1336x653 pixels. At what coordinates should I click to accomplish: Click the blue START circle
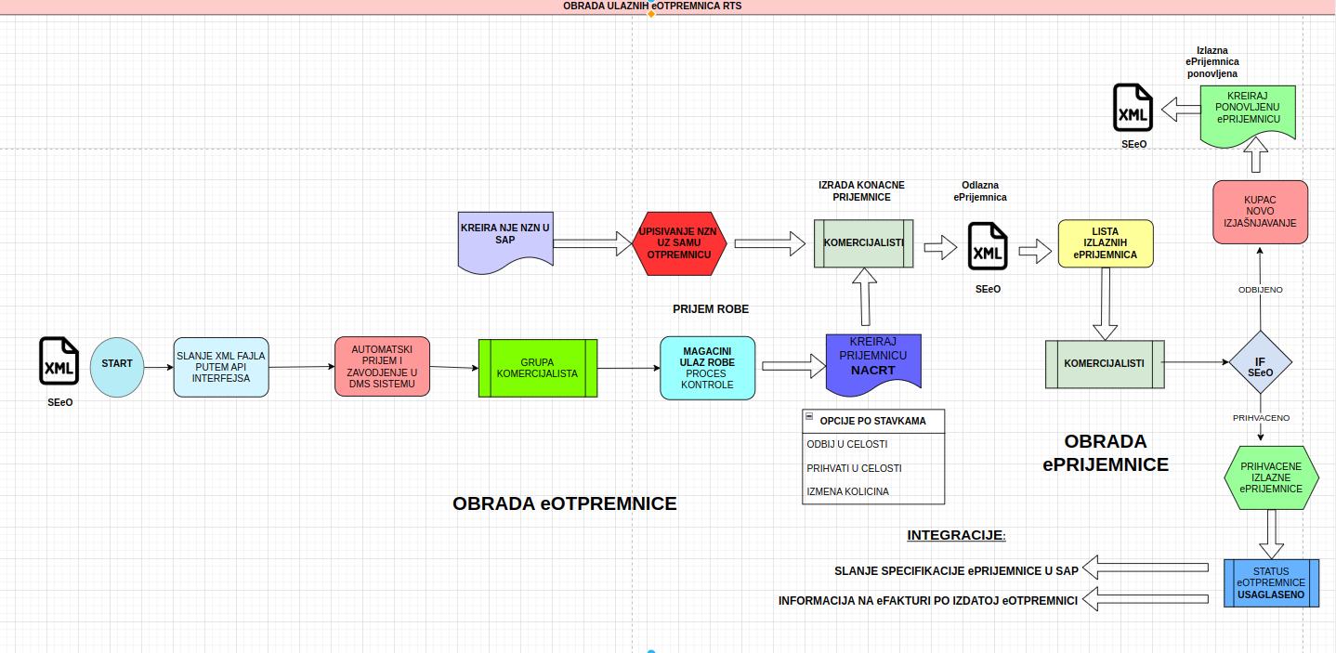(x=117, y=367)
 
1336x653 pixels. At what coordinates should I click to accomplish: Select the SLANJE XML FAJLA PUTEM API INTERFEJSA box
(x=220, y=367)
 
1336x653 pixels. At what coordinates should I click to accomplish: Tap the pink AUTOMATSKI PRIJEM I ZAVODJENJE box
(x=383, y=366)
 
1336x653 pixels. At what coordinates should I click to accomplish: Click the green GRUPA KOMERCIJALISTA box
(x=537, y=368)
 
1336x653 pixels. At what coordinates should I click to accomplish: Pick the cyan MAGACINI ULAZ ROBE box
(x=707, y=368)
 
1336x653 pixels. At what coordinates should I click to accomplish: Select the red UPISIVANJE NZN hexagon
(x=678, y=243)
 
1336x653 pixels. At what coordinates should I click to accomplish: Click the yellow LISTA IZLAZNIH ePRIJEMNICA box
(x=1105, y=243)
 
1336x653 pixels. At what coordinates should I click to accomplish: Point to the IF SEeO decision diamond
(x=1260, y=362)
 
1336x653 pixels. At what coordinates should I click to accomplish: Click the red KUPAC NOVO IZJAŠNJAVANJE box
(x=1260, y=212)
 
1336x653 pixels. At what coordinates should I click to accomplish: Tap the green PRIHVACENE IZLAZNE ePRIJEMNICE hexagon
(x=1271, y=477)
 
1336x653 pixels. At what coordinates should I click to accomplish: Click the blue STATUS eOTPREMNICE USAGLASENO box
(x=1271, y=582)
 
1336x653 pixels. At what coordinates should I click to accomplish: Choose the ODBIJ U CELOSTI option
(x=847, y=445)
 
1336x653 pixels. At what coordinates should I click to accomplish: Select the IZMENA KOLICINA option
(x=847, y=491)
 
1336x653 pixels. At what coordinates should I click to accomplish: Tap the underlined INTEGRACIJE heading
(x=956, y=535)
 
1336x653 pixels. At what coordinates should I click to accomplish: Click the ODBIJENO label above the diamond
(x=1260, y=290)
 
